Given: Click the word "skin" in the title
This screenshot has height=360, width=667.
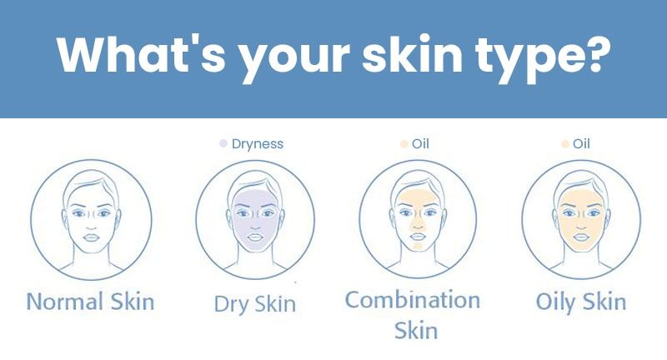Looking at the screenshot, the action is (x=412, y=54).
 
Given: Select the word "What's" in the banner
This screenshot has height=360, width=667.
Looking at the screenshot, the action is (x=141, y=54).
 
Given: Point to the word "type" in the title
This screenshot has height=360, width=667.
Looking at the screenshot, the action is (x=527, y=58).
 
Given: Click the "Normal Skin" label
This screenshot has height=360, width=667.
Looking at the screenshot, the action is (x=90, y=302).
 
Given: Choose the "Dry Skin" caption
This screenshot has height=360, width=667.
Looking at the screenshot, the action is (x=255, y=304).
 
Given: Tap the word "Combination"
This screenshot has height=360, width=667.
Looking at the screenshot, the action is (x=413, y=300).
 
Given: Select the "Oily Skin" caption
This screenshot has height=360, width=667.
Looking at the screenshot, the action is (x=581, y=302).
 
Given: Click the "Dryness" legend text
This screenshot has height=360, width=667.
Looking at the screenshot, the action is (x=258, y=143).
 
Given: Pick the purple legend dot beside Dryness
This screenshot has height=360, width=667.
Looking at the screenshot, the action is (x=223, y=143).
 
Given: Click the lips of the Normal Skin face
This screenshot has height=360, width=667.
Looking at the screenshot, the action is (x=91, y=237).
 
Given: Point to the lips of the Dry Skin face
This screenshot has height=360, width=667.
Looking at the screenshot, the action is (x=255, y=237).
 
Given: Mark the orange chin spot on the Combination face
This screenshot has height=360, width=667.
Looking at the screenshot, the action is (x=419, y=245).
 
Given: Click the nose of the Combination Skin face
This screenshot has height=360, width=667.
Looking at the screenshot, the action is (x=418, y=223).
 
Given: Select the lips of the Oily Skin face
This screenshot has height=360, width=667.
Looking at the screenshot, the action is (x=580, y=237).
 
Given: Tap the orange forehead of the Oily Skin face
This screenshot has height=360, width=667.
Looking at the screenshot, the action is (x=580, y=197).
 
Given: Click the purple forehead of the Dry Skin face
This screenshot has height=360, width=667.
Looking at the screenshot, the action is (x=255, y=197).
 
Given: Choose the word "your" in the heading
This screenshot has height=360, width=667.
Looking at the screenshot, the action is (x=293, y=58).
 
